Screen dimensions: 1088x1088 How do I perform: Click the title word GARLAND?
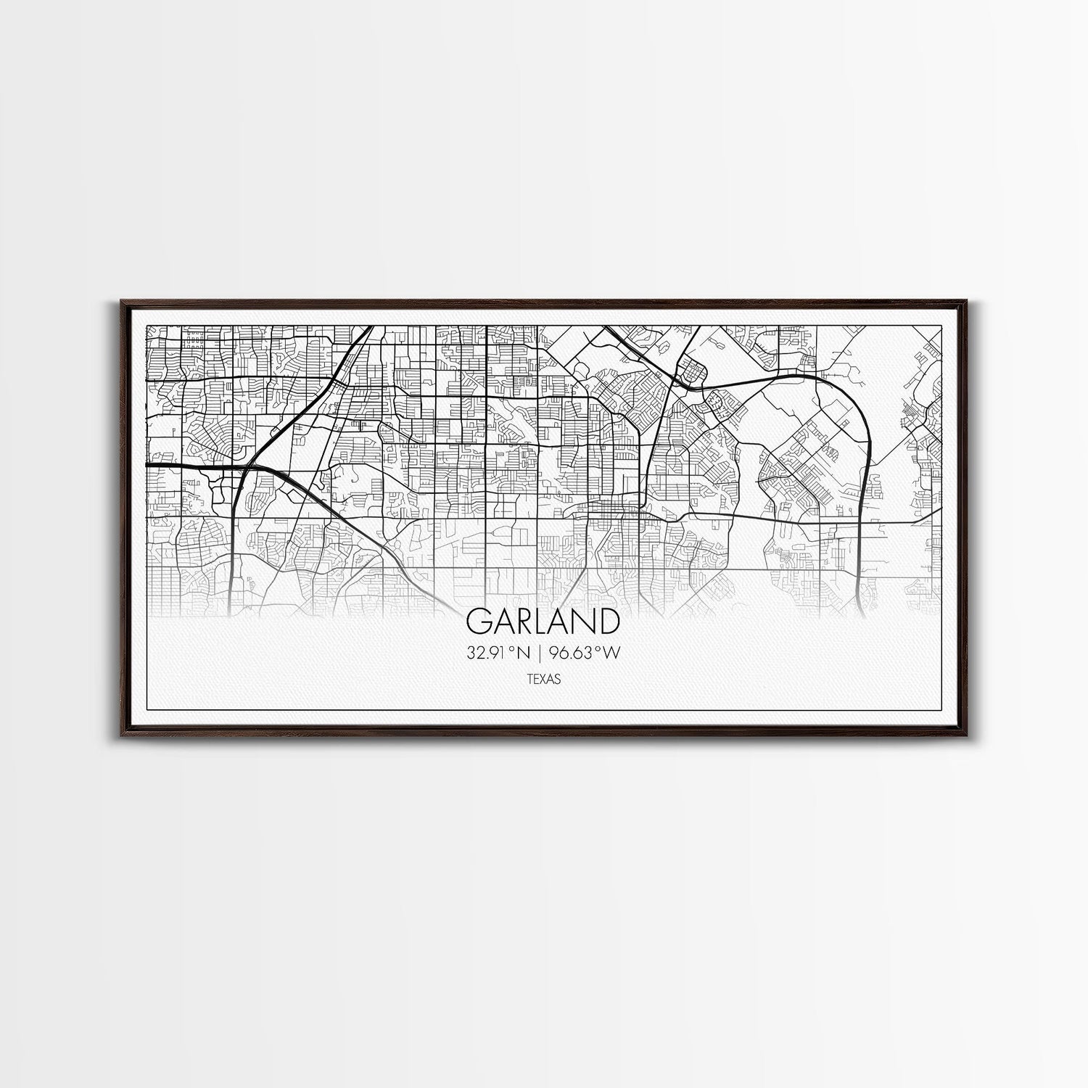[x=543, y=621]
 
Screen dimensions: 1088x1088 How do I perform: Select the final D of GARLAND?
[x=608, y=621]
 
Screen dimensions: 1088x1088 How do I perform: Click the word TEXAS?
[x=543, y=680]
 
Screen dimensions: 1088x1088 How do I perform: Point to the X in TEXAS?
[x=543, y=680]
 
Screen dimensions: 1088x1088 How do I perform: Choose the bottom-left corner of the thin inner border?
[x=147, y=709]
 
